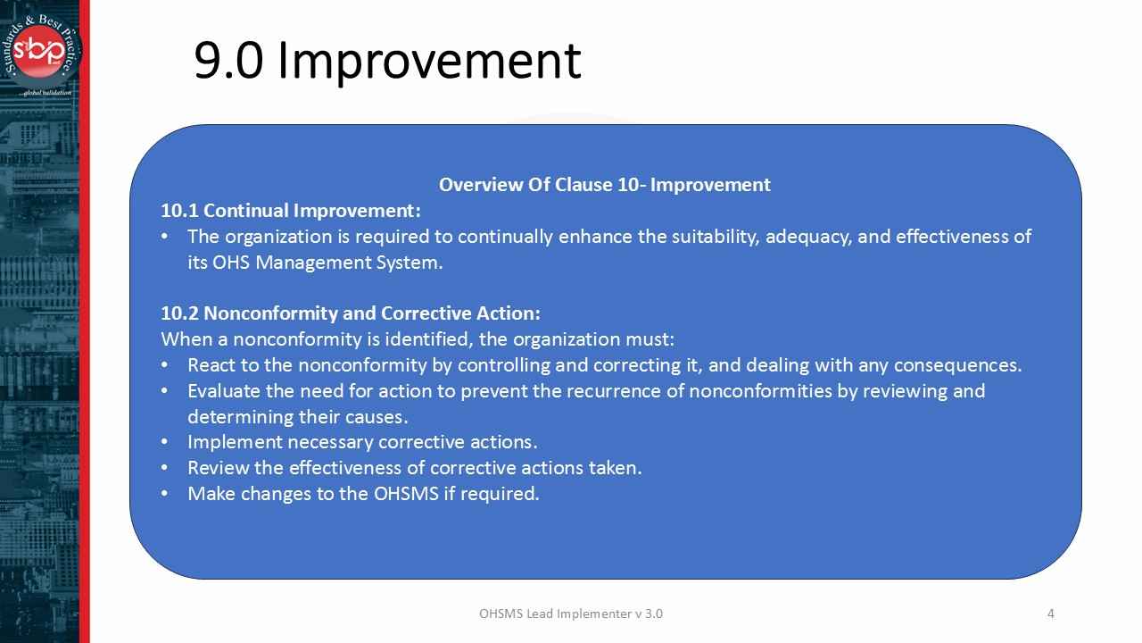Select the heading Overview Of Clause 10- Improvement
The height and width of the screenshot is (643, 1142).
(604, 185)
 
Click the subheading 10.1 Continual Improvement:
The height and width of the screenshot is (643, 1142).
(290, 211)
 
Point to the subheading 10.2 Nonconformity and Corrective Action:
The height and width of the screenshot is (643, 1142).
(350, 313)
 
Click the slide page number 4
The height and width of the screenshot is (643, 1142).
(1050, 614)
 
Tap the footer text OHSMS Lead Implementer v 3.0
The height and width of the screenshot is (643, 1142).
(570, 614)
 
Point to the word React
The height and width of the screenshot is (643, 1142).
(211, 365)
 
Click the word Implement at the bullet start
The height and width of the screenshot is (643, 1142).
(228, 442)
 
